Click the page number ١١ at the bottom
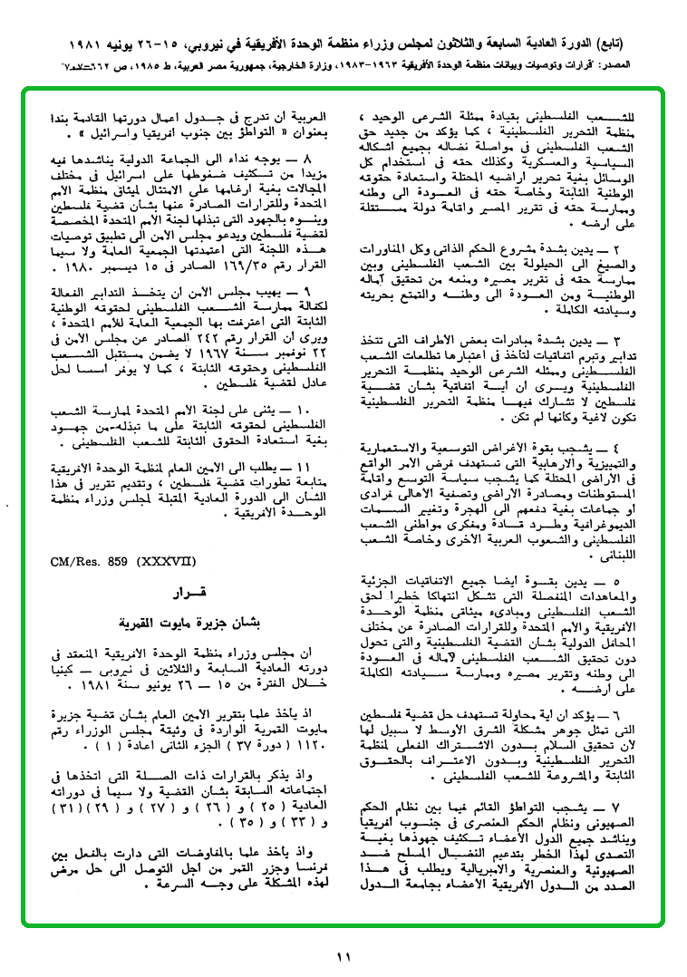(x=343, y=955)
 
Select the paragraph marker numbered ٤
(x=617, y=447)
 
